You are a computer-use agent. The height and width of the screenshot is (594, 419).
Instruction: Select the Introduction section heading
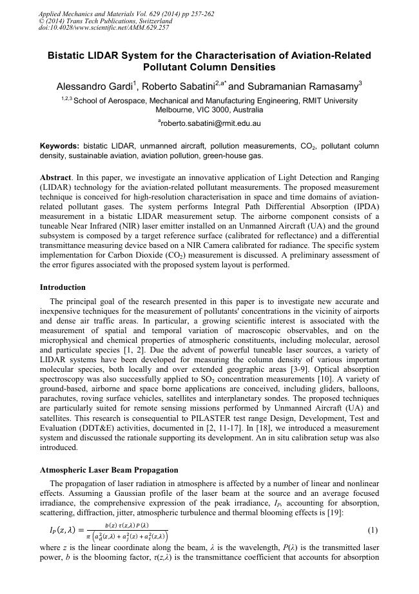coord(63,287)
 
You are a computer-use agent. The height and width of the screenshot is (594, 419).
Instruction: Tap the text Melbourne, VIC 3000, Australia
coord(209,110)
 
